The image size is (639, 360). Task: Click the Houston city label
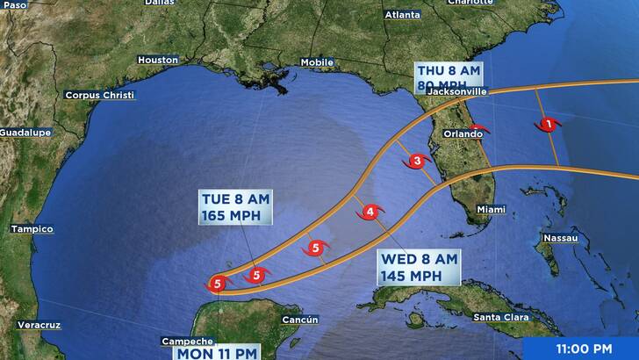158,60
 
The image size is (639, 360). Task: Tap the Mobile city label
317,62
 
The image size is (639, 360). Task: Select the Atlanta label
402,15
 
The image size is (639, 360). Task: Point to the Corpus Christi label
99,95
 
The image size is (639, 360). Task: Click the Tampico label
32,229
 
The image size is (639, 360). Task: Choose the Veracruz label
39,325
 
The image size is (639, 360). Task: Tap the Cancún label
299,320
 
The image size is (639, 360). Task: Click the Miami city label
492,209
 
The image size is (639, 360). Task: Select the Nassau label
560,238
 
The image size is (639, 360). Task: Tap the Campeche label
187,341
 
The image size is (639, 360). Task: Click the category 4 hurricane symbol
370,212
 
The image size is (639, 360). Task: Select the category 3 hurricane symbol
416,162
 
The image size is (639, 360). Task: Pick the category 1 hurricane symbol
549,125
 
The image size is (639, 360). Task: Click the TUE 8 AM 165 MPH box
234,206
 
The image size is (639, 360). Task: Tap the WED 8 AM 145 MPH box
420,267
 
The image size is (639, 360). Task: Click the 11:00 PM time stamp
584,349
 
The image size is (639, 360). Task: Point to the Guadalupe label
25,132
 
